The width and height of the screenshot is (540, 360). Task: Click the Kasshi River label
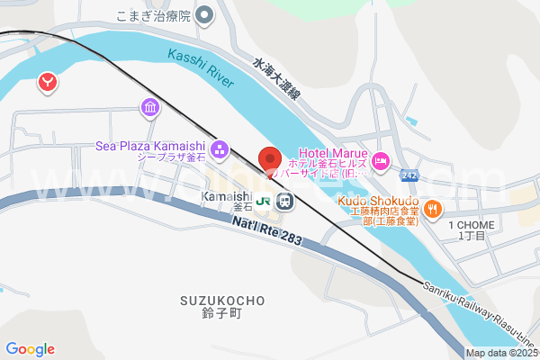click(200, 69)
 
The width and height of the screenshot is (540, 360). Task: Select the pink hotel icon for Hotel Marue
click(381, 160)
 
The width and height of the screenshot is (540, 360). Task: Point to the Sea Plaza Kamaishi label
click(152, 147)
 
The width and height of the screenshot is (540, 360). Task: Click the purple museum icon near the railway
click(149, 109)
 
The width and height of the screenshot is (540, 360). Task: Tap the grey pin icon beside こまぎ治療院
click(204, 14)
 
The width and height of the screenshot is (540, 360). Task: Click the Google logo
click(30, 349)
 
